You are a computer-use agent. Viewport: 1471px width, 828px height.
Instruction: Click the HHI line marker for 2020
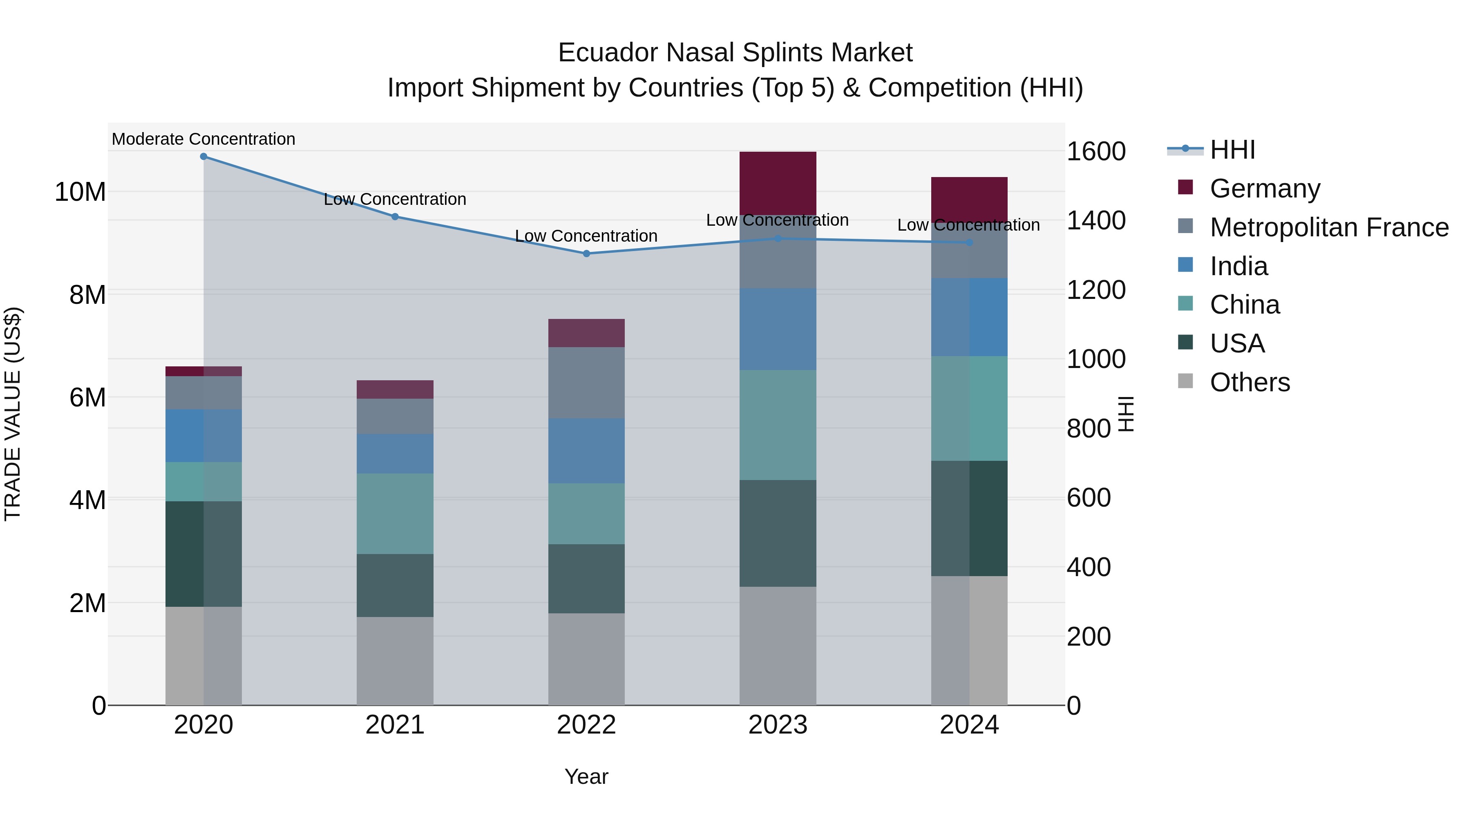coord(203,157)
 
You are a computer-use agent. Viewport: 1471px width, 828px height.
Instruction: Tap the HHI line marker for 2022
coord(586,254)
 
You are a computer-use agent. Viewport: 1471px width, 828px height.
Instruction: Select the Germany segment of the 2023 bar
coord(778,184)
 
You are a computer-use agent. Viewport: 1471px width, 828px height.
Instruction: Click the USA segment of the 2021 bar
coord(395,585)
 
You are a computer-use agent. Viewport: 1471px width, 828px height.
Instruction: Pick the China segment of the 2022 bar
coord(586,514)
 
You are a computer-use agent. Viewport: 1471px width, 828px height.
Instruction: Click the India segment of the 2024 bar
coord(969,317)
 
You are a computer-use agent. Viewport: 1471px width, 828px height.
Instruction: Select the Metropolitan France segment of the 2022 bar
coord(586,383)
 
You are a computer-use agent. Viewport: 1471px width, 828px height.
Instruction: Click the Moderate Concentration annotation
coord(203,139)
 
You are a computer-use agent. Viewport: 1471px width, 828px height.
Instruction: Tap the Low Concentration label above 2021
coord(395,200)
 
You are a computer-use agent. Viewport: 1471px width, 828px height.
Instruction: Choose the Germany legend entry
coord(1264,188)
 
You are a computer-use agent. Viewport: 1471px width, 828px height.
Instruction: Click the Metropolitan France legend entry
coord(1328,227)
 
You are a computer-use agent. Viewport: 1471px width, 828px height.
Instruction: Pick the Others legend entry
coord(1250,382)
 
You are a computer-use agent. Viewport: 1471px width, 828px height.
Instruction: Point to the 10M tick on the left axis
coord(80,192)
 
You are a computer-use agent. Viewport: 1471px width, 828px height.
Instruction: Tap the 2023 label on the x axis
coord(778,725)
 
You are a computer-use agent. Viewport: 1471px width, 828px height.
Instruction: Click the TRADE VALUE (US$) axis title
coord(13,414)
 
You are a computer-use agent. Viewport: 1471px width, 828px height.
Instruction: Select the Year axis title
coord(586,776)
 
